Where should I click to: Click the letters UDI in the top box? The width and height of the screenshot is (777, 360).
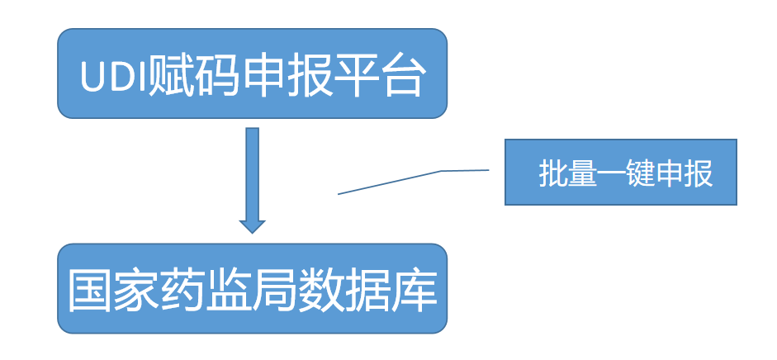[112, 78]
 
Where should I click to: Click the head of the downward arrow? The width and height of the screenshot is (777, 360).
[252, 225]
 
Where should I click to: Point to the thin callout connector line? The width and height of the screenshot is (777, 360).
[388, 182]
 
